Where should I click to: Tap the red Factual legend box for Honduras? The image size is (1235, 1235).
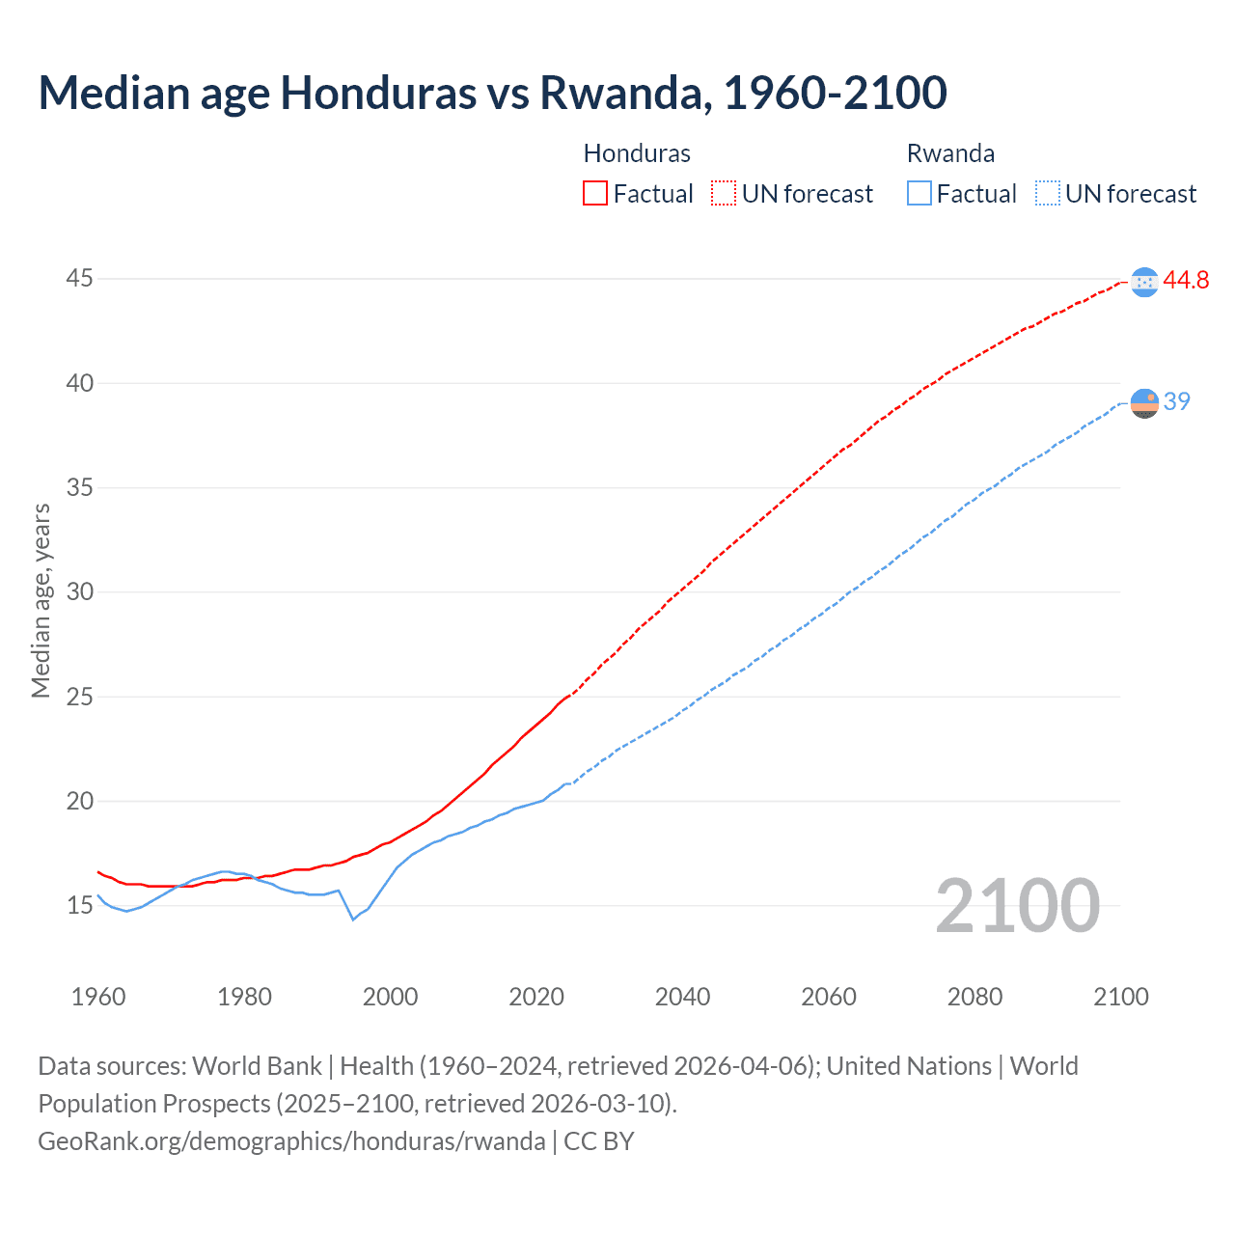595,193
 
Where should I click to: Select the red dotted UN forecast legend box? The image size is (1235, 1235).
724,193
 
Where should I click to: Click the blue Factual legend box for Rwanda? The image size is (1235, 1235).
919,193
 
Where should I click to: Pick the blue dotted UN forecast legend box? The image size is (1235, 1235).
1047,193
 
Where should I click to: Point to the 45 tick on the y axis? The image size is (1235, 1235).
80,279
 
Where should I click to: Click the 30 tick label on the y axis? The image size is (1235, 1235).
80,591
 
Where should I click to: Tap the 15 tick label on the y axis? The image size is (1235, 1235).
80,905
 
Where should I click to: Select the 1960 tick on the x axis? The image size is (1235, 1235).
98,997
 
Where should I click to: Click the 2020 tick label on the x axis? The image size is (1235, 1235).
536,997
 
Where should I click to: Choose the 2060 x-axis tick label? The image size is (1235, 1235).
829,997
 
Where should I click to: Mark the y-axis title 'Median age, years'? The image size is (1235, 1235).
41,600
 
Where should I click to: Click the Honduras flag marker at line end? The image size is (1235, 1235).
1144,282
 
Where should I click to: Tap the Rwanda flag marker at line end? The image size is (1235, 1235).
1144,402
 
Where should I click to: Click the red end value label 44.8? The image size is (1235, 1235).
1186,281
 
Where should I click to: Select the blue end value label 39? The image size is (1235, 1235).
1177,401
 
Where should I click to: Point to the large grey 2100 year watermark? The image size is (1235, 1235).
1017,905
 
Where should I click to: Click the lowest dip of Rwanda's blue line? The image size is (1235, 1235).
353,919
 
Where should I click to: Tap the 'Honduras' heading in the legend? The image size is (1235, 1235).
637,153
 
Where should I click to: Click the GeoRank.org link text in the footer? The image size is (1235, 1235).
291,1141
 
